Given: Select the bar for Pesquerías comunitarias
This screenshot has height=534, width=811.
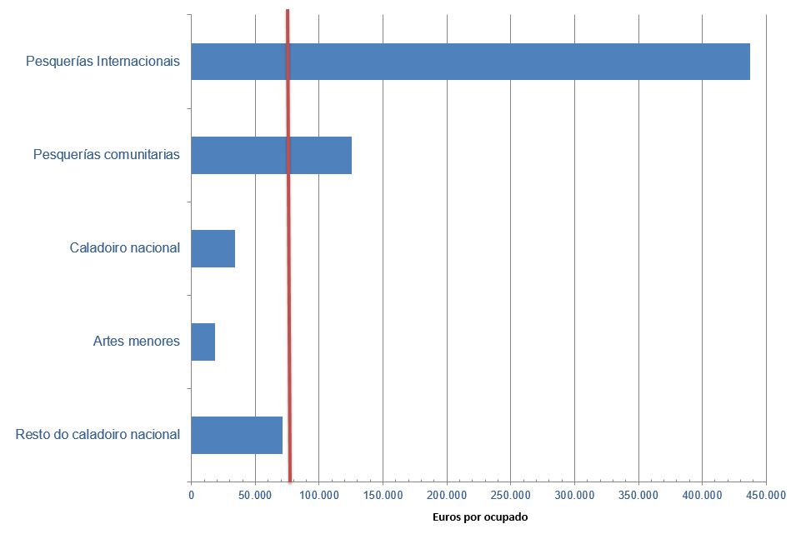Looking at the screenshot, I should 320,155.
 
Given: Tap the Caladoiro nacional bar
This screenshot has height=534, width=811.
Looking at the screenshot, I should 213,248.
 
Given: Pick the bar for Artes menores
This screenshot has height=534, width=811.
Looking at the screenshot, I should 203,342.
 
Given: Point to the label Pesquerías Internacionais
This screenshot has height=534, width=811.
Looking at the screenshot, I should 103,62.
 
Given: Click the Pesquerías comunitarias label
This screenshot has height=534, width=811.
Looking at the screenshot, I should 107,155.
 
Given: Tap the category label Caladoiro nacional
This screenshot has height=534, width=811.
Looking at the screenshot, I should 125,248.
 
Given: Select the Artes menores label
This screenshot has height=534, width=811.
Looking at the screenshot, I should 137,342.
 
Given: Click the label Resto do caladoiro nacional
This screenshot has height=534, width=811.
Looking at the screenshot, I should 98,435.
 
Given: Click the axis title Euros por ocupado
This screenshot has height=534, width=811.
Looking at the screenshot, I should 480,517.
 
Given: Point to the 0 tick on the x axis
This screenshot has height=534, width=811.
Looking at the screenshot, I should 191,495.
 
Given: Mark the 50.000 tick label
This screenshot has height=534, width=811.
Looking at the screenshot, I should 255,495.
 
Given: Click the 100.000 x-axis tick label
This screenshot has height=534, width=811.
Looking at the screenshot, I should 318,495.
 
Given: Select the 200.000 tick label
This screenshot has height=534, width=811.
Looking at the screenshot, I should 447,495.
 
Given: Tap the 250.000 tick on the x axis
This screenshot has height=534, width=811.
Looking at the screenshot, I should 510,495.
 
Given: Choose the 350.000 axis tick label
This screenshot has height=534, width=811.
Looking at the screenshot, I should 638,495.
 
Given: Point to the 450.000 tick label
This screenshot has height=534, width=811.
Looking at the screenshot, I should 766,495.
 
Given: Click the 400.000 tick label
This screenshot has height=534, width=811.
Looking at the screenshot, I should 702,495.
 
